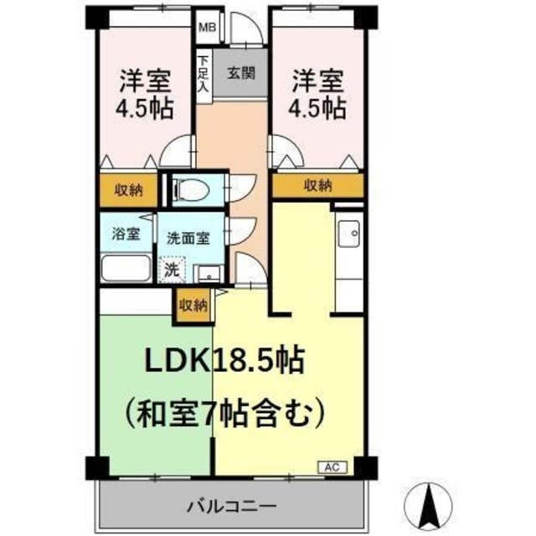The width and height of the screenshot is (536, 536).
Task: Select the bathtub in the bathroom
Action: (x=126, y=270)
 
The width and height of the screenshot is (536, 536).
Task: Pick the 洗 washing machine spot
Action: (x=172, y=270)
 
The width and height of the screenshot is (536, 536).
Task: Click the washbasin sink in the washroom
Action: (x=209, y=272)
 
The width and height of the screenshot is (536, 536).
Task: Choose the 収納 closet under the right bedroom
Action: (x=317, y=185)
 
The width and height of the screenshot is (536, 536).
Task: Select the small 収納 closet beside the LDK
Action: (x=193, y=306)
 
